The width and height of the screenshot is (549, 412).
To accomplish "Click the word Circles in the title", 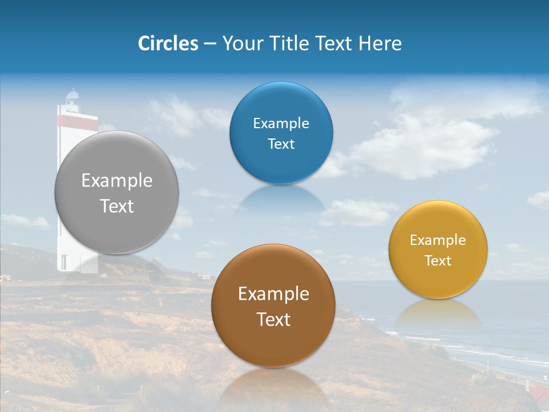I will pos(168,43).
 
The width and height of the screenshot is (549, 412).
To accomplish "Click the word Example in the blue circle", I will pos(281,124).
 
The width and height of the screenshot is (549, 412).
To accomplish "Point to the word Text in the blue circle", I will pos(281,144).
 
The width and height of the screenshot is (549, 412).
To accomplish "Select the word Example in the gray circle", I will pos(117,181).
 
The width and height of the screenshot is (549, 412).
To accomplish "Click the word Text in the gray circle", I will pos(117,206).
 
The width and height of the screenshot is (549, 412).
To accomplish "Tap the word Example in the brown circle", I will pos(273,294).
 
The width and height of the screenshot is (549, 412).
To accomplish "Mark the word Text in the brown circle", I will pos(273,319).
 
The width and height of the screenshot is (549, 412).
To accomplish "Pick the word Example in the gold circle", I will pos(438,240).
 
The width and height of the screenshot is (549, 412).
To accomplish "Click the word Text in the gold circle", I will pos(438,261).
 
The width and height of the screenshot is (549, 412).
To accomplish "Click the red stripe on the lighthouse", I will pos(77,121).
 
